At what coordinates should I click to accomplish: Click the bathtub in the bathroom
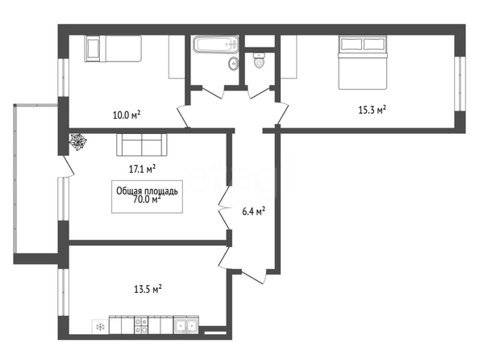(215, 44)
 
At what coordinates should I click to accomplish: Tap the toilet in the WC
(259, 60)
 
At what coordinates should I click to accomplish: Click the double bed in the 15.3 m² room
(363, 62)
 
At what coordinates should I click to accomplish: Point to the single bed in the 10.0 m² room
(113, 48)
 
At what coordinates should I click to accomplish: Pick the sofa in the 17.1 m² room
(141, 144)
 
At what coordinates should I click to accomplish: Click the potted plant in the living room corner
(78, 141)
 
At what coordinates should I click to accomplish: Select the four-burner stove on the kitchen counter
(141, 325)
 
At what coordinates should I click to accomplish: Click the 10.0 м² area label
(127, 115)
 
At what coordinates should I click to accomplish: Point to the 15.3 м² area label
(372, 110)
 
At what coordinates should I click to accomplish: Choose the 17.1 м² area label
(143, 169)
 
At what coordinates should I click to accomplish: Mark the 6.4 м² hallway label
(253, 211)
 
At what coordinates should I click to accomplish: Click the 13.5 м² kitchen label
(148, 289)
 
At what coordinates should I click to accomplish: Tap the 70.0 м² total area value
(148, 199)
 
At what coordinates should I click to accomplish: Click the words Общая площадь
(147, 191)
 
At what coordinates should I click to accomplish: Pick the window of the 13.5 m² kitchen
(63, 292)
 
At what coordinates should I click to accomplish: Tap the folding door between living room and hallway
(224, 208)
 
